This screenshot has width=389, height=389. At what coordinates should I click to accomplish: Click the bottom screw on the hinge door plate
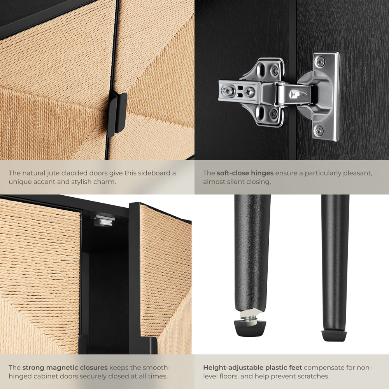(319, 130)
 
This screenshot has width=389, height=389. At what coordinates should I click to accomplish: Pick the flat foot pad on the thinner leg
(334, 335)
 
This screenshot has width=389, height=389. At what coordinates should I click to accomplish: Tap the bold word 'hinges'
(262, 173)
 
